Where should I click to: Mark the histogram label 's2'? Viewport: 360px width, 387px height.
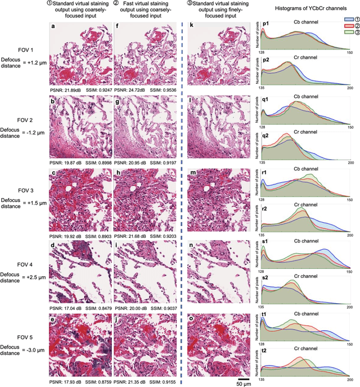[264, 277]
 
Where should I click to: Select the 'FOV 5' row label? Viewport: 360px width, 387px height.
[11, 330]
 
